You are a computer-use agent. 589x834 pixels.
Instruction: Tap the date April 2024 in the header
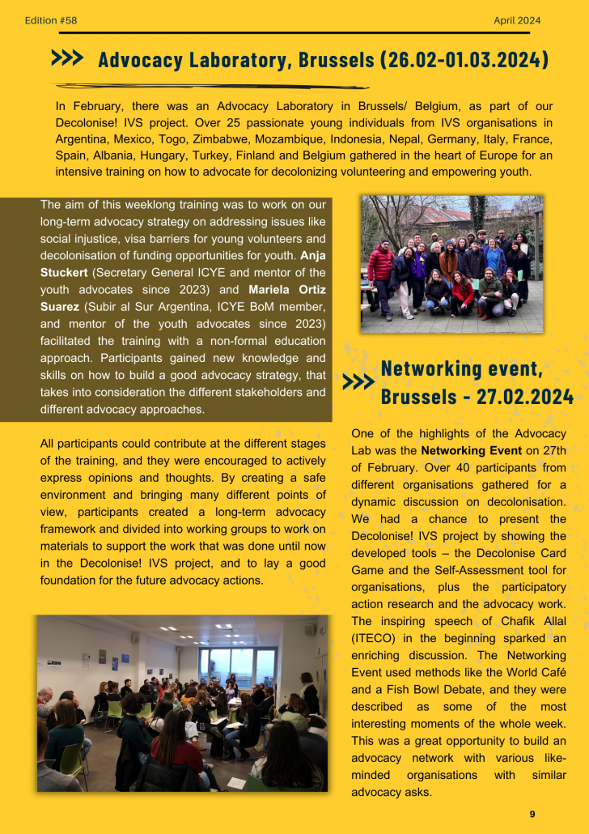click(x=517, y=20)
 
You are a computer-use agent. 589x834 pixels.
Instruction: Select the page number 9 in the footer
click(x=532, y=814)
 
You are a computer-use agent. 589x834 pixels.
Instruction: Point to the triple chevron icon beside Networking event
click(x=358, y=382)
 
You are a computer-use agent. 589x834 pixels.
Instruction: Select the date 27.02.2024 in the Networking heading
click(x=527, y=396)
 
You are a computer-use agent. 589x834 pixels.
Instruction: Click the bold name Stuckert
click(x=69, y=272)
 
